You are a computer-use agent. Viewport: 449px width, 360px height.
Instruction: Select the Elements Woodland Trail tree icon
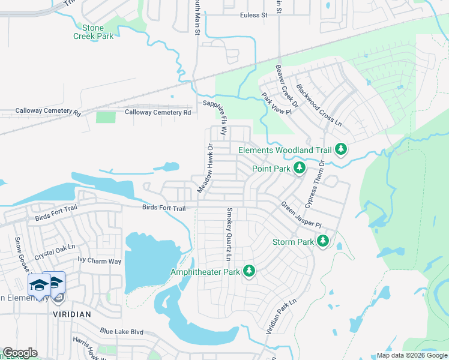coord(341,149)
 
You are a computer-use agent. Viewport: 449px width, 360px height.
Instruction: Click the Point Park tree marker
coord(300,168)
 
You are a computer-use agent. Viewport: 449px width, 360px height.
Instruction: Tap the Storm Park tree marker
coord(323,241)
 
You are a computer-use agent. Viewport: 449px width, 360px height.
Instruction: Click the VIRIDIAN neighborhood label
coord(71,314)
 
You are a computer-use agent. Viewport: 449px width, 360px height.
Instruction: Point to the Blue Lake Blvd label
coord(122,331)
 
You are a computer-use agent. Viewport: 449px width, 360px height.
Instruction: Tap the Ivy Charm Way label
coord(100,261)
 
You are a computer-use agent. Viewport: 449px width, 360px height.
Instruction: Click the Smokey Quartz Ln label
coord(229,234)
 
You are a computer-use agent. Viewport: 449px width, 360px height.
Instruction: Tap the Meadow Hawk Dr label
coord(205,168)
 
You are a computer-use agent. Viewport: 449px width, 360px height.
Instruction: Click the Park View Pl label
coord(276,105)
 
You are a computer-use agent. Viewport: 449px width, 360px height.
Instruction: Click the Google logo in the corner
coord(20,353)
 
